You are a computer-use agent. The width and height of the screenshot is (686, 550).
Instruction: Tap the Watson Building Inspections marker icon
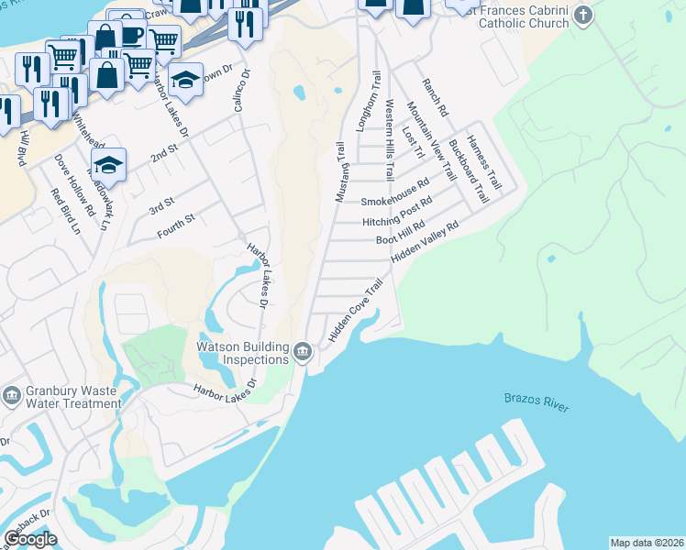[x=302, y=352]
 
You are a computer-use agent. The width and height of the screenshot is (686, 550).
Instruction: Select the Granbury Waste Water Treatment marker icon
[x=12, y=395]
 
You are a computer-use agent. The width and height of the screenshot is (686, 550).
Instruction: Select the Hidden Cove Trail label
[x=354, y=312]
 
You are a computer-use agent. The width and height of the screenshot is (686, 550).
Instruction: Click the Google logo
[x=29, y=538]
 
